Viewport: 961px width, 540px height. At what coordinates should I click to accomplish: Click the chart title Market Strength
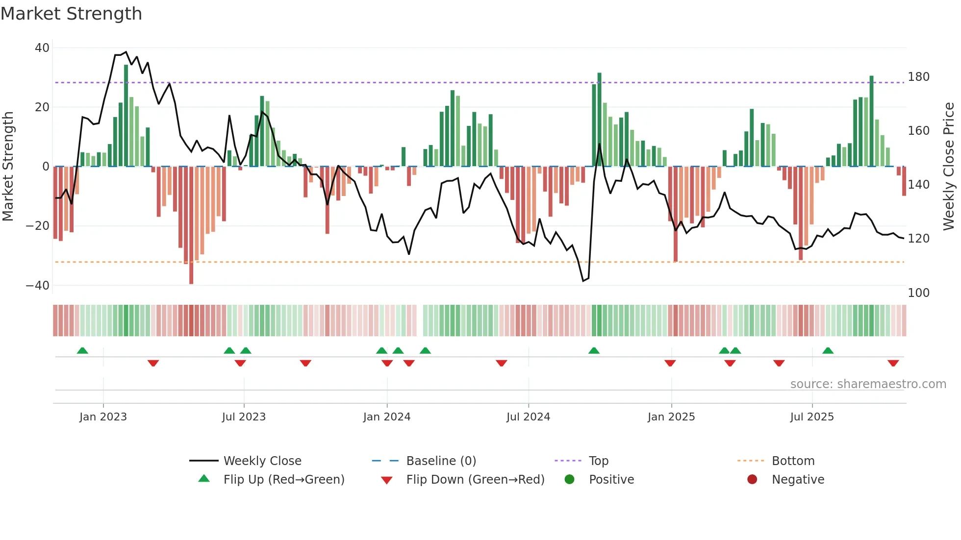(x=71, y=14)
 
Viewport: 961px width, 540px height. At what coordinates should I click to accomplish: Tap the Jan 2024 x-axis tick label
(x=386, y=417)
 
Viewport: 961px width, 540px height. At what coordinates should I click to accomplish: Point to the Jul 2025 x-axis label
(x=811, y=417)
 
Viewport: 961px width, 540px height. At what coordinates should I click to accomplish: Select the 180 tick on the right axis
(x=918, y=77)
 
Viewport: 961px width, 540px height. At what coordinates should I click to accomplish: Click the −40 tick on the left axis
(x=37, y=286)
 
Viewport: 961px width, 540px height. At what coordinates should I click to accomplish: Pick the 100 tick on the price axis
(x=918, y=293)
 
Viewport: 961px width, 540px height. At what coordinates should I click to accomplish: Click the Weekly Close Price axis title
(x=949, y=167)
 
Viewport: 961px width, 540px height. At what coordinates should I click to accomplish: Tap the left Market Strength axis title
(x=8, y=167)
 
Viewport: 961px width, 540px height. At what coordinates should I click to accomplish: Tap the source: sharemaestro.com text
(x=868, y=384)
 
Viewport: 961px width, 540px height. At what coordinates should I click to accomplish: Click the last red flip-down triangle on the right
(x=893, y=363)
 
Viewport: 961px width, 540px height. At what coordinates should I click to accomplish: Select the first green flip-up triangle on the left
(x=82, y=350)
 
